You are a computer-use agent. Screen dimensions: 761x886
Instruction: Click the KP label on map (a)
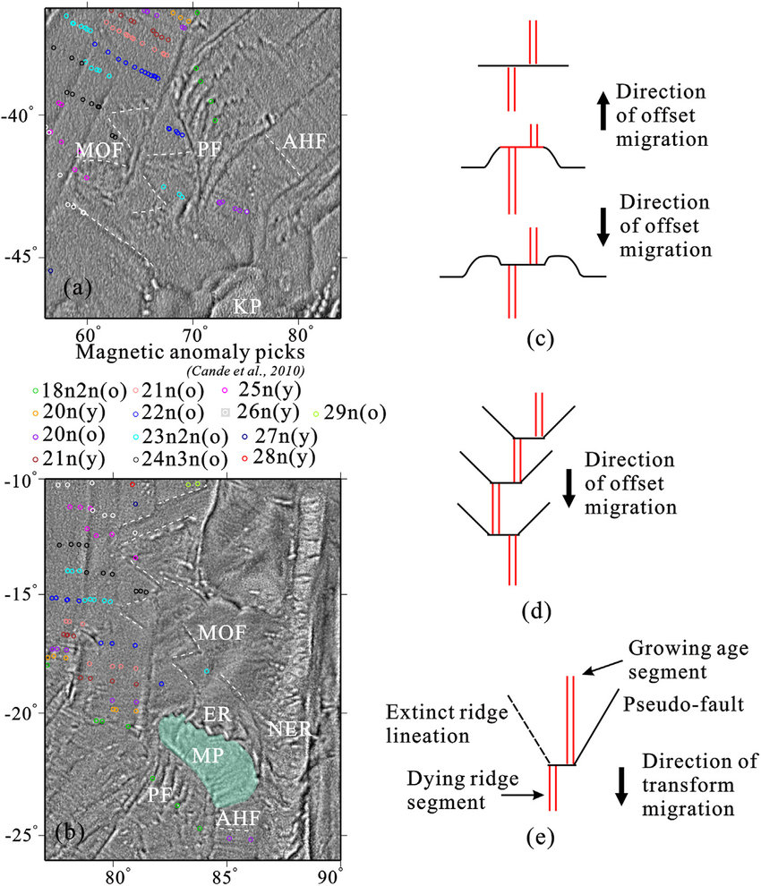coord(247,306)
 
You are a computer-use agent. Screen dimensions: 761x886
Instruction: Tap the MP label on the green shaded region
coord(208,755)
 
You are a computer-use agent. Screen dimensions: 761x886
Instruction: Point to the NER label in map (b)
coord(289,728)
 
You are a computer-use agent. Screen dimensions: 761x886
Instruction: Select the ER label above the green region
coord(218,714)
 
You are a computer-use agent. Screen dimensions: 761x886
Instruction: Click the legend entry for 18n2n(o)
coord(68,390)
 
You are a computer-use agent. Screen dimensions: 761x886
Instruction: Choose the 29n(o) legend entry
coord(350,413)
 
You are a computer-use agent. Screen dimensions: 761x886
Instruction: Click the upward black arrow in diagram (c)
coord(603,112)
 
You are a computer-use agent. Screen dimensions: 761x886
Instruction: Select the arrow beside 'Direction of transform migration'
coord(621,786)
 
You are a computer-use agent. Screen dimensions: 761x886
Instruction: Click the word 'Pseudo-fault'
coord(683,704)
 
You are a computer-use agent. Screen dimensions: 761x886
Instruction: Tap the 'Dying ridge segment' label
coord(463,790)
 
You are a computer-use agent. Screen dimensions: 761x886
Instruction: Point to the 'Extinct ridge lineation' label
coord(448,724)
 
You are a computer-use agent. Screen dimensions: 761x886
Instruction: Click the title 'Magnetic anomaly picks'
coord(191,352)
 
